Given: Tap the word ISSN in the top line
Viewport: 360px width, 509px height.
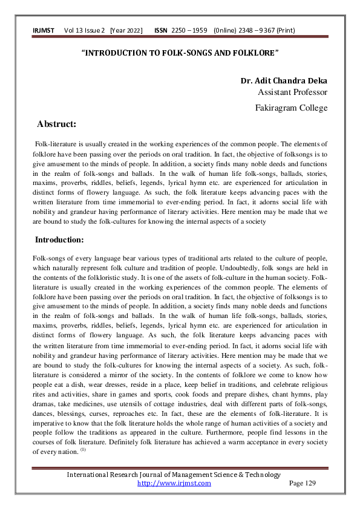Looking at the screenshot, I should pos(161,30).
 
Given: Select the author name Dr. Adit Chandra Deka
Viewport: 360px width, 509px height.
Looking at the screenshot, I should pos(284,81).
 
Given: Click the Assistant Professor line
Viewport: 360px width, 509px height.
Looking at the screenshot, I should pos(292,92).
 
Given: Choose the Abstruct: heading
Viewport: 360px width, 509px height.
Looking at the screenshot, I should pos(56,125).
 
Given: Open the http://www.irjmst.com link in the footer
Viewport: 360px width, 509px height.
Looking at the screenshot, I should pos(174,483).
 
